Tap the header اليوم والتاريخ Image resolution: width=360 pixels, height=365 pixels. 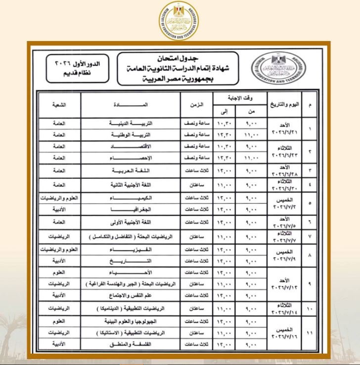point(284,105)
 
